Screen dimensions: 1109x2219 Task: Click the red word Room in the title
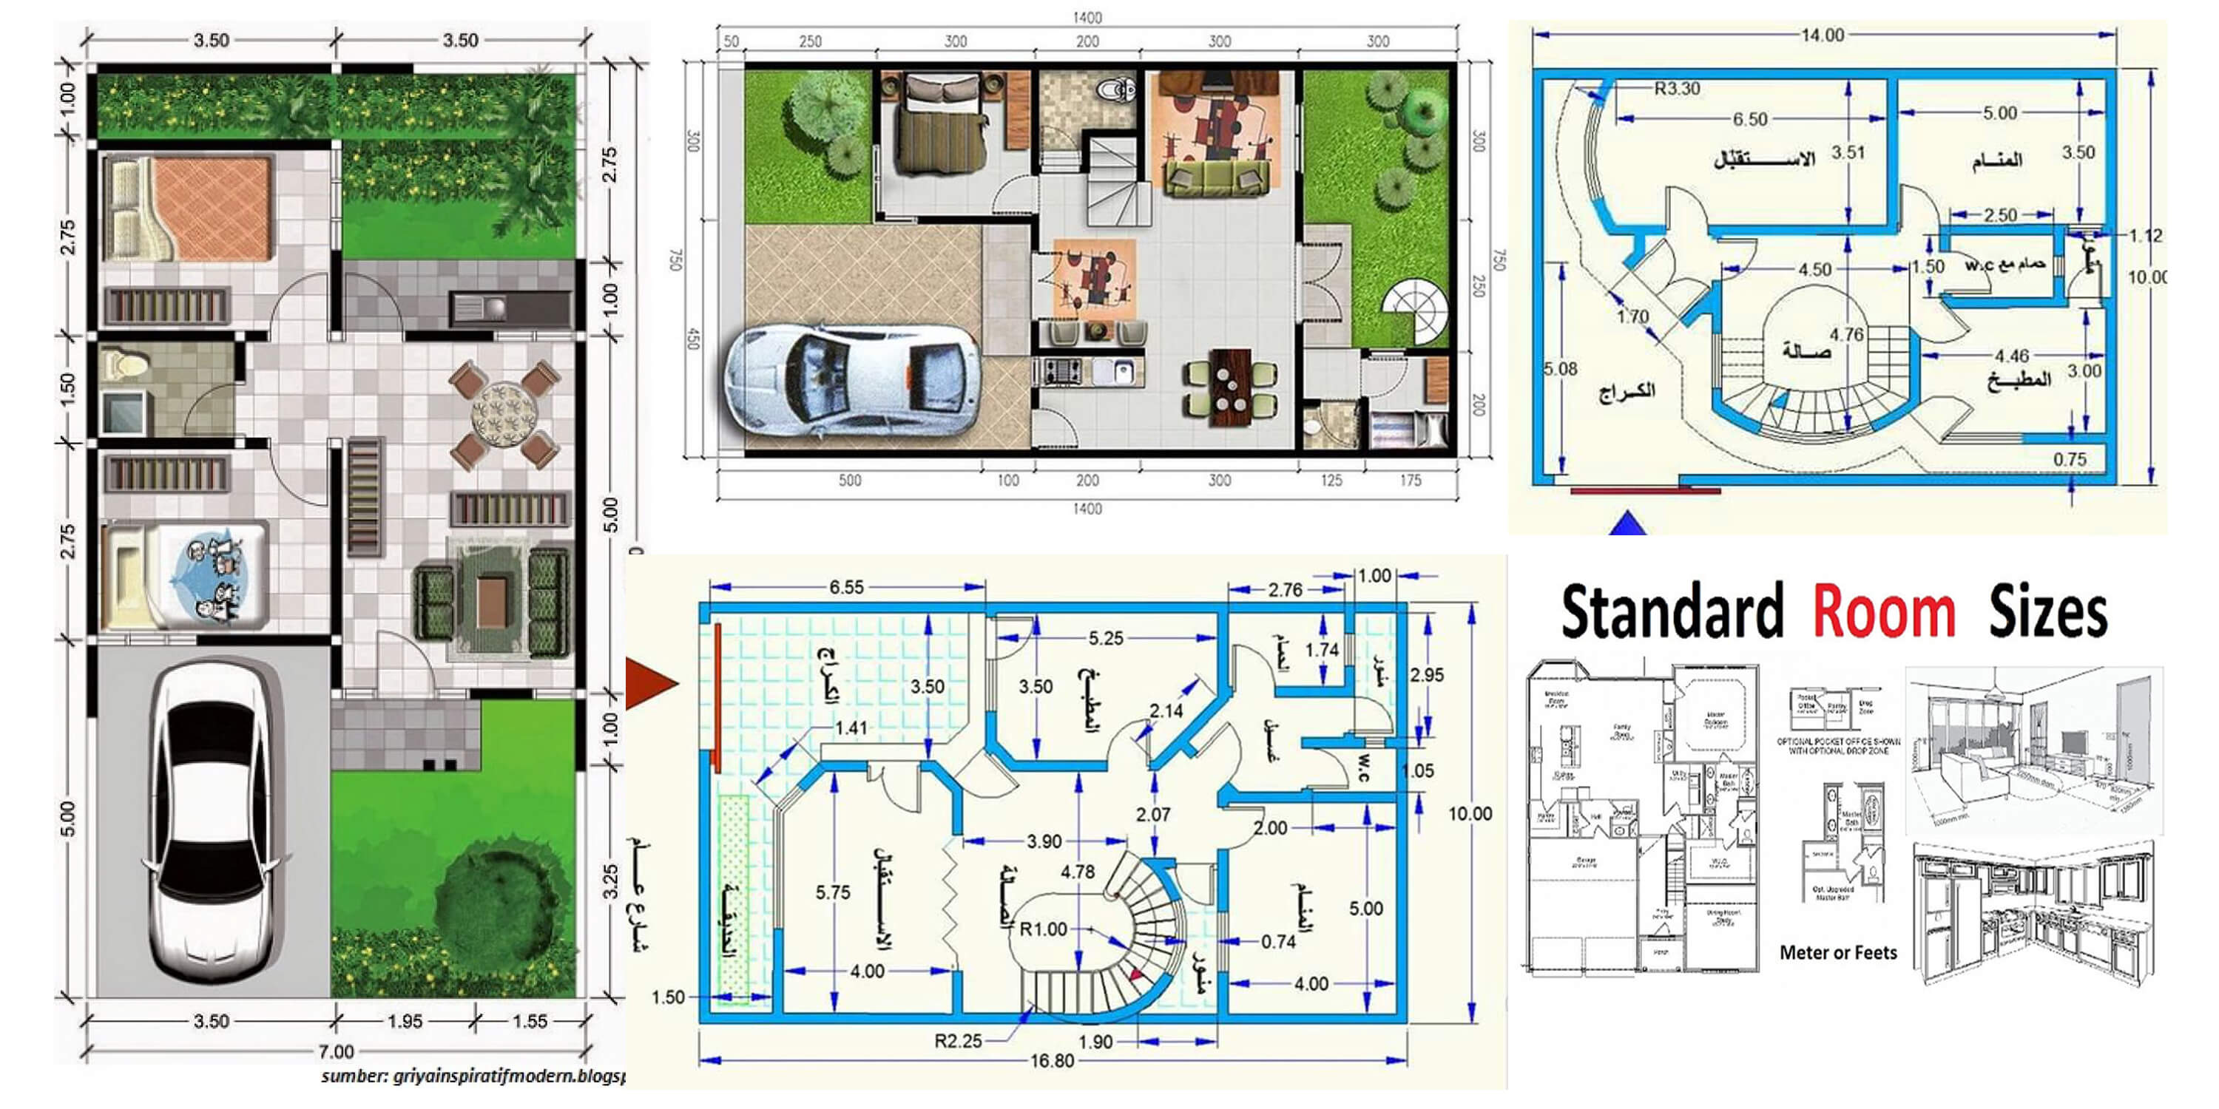pos(1883,612)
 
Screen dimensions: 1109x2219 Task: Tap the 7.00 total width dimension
pos(336,1051)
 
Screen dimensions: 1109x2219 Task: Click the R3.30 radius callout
pos(1676,88)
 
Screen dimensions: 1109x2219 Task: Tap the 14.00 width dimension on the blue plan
pos(1822,35)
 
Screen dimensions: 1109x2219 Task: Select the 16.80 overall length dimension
pos(1052,1061)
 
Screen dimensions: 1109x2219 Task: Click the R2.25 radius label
pos(958,1041)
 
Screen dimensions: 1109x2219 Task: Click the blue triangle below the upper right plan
pos(1627,523)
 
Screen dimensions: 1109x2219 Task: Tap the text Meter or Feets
pos(1837,953)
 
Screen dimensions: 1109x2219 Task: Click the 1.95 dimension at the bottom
pos(404,1021)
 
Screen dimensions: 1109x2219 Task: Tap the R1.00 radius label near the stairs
pos(1043,929)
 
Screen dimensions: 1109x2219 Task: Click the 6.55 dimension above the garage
pos(846,587)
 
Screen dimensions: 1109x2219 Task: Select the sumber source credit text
pos(472,1076)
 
